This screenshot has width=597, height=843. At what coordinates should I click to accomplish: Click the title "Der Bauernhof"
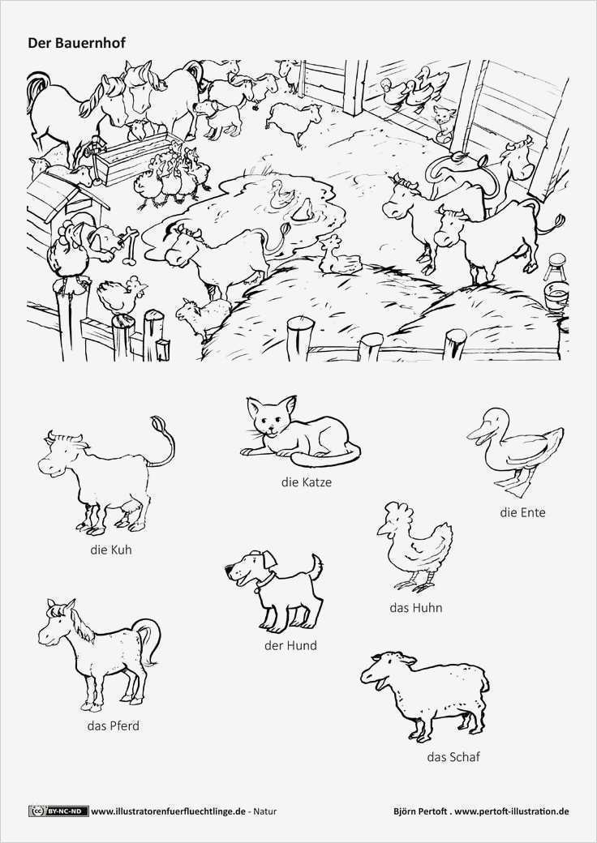pyautogui.click(x=76, y=43)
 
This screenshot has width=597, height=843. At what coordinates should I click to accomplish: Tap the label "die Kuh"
pyautogui.click(x=111, y=550)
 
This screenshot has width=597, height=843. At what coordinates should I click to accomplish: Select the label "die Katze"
pyautogui.click(x=306, y=481)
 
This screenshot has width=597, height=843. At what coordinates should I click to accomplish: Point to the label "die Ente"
pyautogui.click(x=522, y=512)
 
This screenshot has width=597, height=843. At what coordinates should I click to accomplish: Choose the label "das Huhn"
pyautogui.click(x=416, y=607)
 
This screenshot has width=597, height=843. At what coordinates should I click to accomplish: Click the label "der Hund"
pyautogui.click(x=290, y=645)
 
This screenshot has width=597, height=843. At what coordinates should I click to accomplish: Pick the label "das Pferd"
pyautogui.click(x=113, y=725)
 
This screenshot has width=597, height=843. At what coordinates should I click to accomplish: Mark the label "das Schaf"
pyautogui.click(x=453, y=757)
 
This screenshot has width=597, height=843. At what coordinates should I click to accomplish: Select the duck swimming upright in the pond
pyautogui.click(x=280, y=195)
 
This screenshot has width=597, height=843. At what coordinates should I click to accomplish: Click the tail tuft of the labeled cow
pyautogui.click(x=157, y=424)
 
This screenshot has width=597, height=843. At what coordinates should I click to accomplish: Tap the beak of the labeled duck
pyautogui.click(x=476, y=434)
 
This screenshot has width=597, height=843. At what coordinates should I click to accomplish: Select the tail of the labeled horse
pyautogui.click(x=149, y=640)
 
